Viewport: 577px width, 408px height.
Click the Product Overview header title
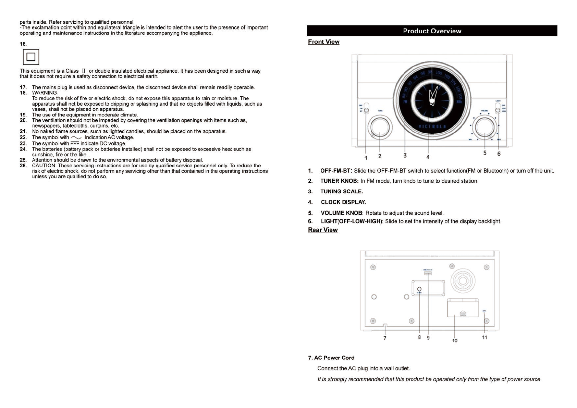pyautogui.click(x=432, y=31)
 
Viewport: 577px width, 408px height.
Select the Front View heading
pyautogui.click(x=323, y=42)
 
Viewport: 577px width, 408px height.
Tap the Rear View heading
pyautogui.click(x=322, y=230)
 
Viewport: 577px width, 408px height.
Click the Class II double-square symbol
pyautogui.click(x=31, y=57)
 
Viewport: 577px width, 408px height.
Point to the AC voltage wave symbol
pyautogui.click(x=76, y=137)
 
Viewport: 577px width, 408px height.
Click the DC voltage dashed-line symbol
pyautogui.click(x=75, y=143)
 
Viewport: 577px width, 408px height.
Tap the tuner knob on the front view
pyautogui.click(x=380, y=127)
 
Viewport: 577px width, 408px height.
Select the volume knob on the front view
pyautogui.click(x=484, y=127)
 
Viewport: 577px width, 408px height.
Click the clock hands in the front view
pyautogui.click(x=433, y=96)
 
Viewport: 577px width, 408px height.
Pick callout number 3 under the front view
pyautogui.click(x=405, y=156)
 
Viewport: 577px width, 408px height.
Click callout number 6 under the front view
pyautogui.click(x=499, y=154)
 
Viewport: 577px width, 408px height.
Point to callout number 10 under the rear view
pyautogui.click(x=454, y=340)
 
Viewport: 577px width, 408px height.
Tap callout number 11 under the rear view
pyautogui.click(x=484, y=337)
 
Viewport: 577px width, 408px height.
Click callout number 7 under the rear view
pyautogui.click(x=385, y=338)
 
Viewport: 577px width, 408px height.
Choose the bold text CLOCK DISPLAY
pyautogui.click(x=343, y=202)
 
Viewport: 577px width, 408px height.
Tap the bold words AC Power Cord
pyautogui.click(x=334, y=358)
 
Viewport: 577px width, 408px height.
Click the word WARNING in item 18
pyautogui.click(x=45, y=93)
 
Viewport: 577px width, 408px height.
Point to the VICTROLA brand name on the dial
pyautogui.click(x=432, y=127)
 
